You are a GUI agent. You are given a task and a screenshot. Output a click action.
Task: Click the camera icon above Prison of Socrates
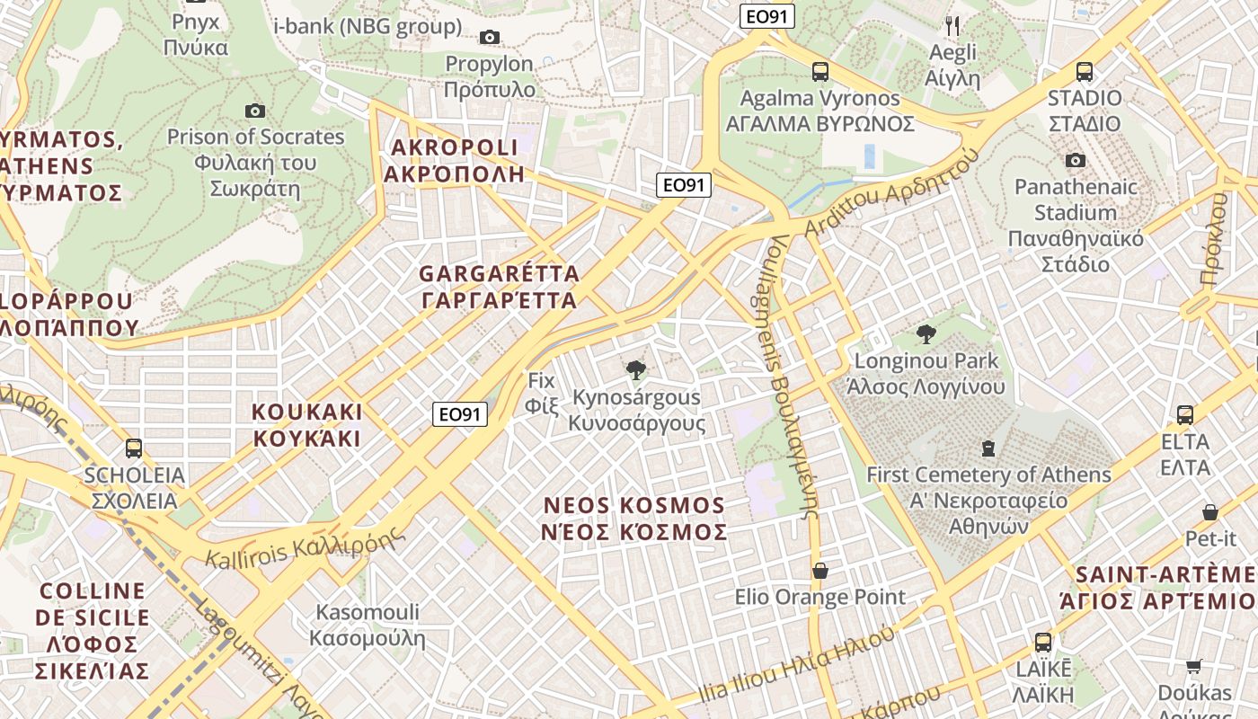(x=255, y=111)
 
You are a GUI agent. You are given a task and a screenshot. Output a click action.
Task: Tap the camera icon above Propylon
(x=490, y=37)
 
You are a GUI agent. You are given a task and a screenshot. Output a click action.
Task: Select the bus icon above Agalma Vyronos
(x=819, y=72)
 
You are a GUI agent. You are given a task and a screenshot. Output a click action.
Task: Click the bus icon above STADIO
(x=1085, y=72)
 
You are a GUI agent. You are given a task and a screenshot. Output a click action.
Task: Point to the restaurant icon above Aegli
(x=953, y=26)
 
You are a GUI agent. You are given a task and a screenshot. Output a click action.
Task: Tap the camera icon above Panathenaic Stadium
(x=1075, y=161)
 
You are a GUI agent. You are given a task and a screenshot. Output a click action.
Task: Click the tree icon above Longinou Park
(x=926, y=335)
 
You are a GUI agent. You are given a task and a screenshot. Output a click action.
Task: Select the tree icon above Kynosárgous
(x=636, y=369)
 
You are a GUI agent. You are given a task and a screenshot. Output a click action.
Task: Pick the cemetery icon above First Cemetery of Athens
(x=988, y=448)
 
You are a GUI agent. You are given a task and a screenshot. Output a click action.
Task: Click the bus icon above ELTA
(x=1185, y=415)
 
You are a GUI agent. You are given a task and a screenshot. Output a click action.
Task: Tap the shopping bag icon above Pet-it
(x=1210, y=512)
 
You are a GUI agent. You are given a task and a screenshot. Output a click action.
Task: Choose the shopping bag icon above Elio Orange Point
(x=819, y=571)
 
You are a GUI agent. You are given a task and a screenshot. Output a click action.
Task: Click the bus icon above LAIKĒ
(x=1042, y=643)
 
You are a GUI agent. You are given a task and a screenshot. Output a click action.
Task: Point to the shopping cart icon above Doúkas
(x=1193, y=666)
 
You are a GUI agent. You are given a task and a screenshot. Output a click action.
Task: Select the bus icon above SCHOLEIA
(x=134, y=448)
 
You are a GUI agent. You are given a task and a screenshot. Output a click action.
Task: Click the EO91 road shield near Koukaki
(x=460, y=414)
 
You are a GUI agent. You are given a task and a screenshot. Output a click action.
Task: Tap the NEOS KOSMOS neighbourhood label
(x=634, y=519)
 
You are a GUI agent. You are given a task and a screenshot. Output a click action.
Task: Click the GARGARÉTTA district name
(x=500, y=287)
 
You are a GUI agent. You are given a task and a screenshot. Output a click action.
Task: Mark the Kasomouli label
(x=367, y=626)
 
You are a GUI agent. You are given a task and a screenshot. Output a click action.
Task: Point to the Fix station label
(x=542, y=393)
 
